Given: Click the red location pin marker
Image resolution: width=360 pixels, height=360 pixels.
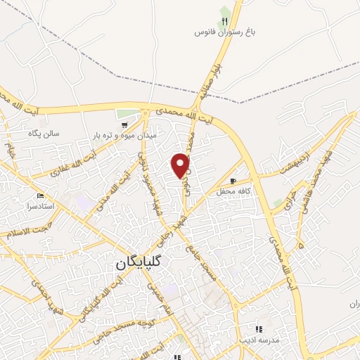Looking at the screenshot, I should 181,166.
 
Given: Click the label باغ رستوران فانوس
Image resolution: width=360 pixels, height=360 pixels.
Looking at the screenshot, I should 224,32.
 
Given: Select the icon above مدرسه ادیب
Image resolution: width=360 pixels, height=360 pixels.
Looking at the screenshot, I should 259,329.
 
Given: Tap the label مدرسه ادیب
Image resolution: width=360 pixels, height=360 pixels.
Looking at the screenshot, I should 259,340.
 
